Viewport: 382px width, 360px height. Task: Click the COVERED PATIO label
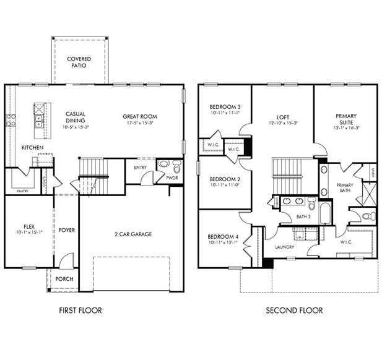[x=79, y=62]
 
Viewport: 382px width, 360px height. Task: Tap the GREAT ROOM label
[x=139, y=116]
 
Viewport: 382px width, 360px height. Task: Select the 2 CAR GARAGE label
[x=132, y=234]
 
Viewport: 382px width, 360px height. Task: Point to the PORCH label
[x=64, y=279]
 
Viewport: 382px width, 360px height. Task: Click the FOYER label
[x=67, y=230]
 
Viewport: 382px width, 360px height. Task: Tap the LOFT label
[x=283, y=116]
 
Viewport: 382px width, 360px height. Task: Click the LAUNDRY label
[x=285, y=247]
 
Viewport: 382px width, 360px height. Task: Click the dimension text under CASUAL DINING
[x=76, y=127]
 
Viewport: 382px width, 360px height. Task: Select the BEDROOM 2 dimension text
[x=224, y=185]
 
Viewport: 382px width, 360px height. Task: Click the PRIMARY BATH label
[x=345, y=188]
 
